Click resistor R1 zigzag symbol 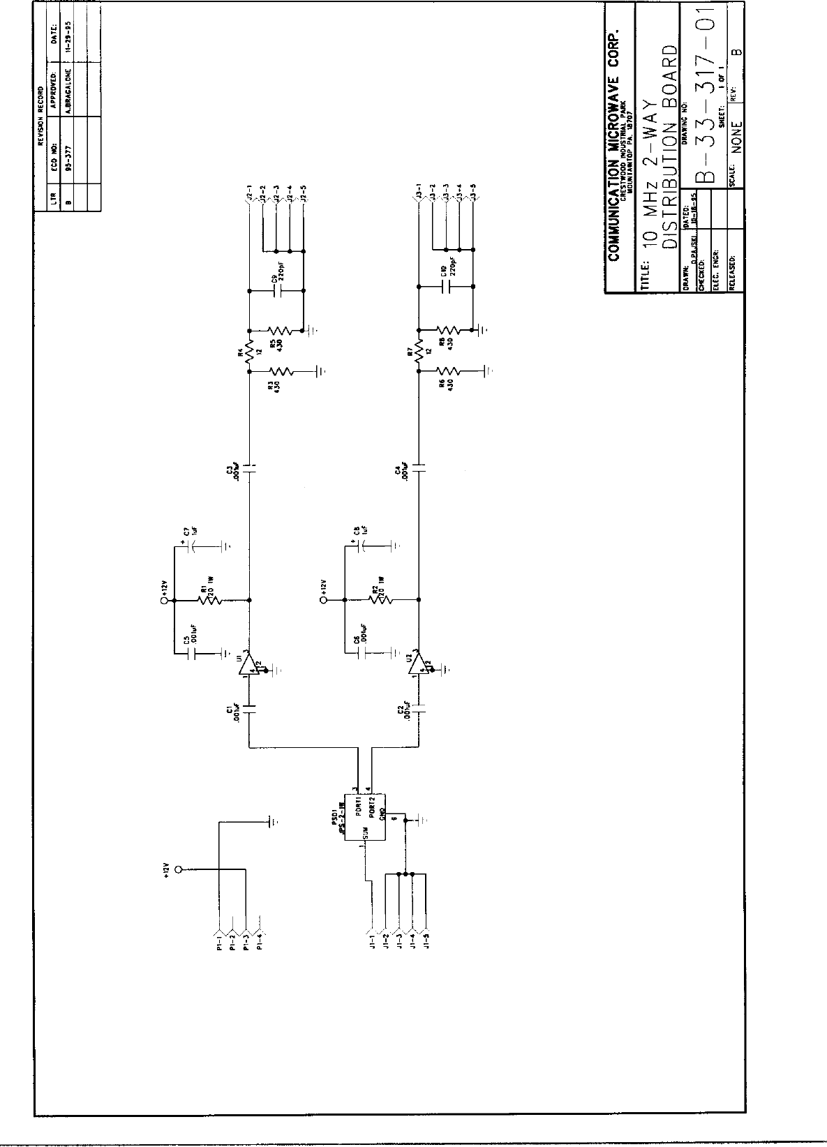pos(209,599)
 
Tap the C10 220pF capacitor pos(446,287)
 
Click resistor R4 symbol pos(250,351)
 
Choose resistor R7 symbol pos(419,351)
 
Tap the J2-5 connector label pos(304,192)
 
